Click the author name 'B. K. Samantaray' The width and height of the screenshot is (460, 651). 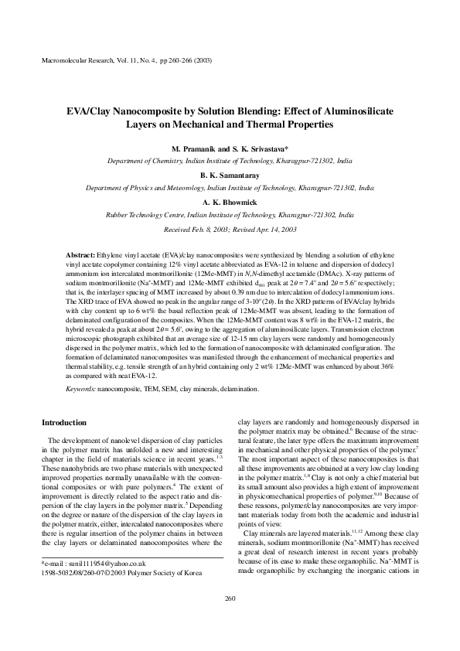point(230,176)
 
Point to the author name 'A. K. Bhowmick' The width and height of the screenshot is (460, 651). point(230,201)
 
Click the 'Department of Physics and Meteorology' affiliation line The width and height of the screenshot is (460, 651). point(230,187)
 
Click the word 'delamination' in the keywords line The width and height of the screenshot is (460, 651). point(237,388)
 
